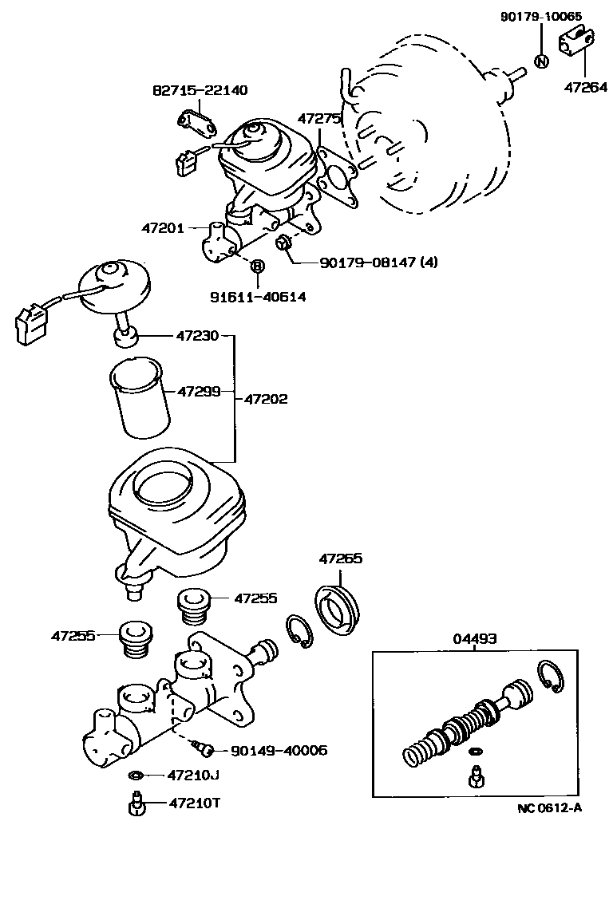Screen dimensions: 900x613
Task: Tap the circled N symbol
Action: pos(541,62)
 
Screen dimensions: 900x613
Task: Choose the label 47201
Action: pos(164,228)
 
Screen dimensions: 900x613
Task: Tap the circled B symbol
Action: pos(257,266)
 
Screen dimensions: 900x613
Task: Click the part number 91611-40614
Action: pos(258,296)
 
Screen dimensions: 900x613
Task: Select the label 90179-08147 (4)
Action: pos(378,261)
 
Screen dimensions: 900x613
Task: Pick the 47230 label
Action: pos(197,336)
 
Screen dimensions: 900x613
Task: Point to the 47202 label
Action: pos(266,398)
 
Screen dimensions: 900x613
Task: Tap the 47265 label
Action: pos(341,559)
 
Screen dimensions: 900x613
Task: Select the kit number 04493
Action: pos(476,638)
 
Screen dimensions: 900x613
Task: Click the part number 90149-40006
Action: pos(279,750)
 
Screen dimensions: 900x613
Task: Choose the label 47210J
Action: pos(193,775)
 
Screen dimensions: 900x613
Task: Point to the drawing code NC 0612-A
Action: pos(549,807)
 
